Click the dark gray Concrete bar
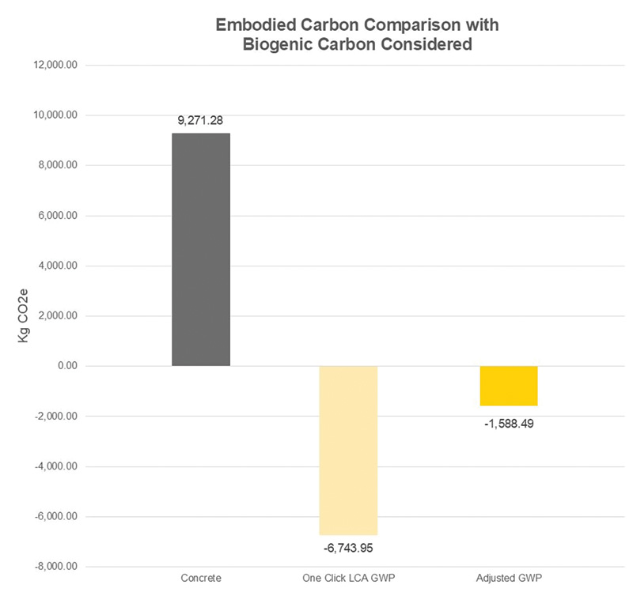tap(201, 249)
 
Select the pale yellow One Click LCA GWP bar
tap(348, 451)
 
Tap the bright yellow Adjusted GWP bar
tap(509, 386)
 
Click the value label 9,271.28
tap(201, 121)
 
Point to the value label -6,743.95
tap(348, 547)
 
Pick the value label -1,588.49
tap(509, 423)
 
